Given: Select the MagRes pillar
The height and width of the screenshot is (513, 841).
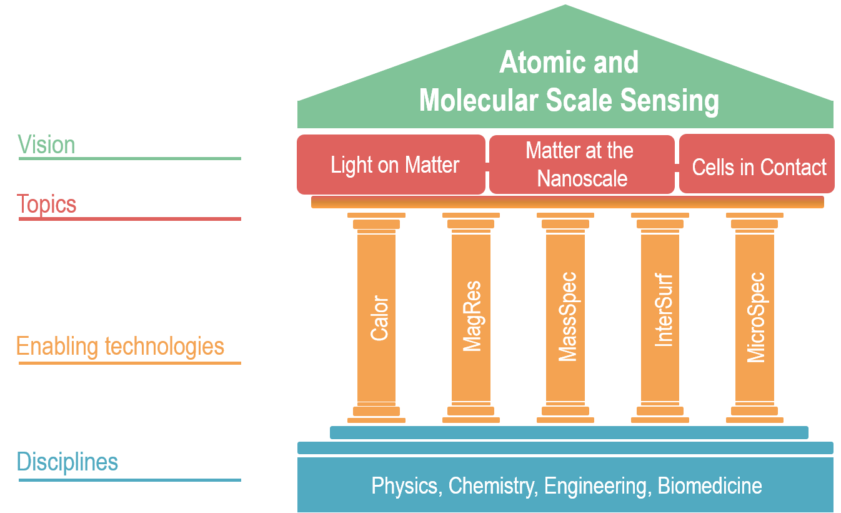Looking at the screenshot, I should [472, 318].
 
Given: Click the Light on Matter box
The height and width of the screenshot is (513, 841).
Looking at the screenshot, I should [394, 165].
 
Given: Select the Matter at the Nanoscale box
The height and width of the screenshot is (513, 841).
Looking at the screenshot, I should [580, 165].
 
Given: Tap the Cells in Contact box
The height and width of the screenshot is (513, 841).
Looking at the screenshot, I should [759, 167].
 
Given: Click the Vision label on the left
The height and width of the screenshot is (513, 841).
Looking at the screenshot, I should [46, 145].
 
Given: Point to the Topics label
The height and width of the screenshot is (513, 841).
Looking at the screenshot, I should [46, 204].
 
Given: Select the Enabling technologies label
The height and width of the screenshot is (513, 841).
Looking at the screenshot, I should [120, 346].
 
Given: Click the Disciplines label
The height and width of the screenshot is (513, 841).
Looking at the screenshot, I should [67, 462].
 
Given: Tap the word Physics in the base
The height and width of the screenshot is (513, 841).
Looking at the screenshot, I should [406, 486].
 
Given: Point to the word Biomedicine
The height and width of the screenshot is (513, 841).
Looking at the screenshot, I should [710, 486].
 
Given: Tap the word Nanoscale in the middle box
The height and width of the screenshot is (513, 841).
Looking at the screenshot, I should [582, 179].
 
